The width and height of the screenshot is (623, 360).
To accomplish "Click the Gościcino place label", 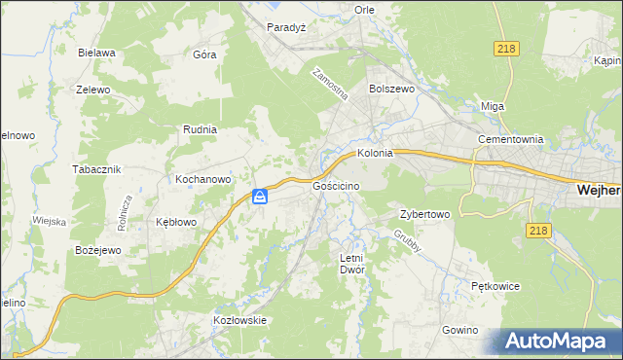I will [337, 185].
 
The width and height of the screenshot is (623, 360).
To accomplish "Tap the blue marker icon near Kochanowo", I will [260, 197].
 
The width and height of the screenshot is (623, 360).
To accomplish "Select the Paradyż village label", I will [286, 27].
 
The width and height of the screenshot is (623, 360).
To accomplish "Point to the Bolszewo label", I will [392, 88].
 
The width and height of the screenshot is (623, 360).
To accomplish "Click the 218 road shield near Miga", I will [505, 50].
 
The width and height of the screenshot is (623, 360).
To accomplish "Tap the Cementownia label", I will [509, 139].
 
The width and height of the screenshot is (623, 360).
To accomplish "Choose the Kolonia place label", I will [375, 153].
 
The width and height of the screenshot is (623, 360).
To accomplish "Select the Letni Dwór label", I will [350, 264].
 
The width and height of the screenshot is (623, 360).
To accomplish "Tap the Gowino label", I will [459, 330].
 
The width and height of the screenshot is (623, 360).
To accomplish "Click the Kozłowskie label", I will [239, 319].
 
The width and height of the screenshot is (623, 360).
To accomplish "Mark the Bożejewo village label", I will [97, 250].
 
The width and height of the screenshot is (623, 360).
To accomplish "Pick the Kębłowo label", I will [176, 222].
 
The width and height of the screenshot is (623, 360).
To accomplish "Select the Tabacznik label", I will [95, 168].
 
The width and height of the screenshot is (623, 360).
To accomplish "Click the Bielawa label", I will [96, 53].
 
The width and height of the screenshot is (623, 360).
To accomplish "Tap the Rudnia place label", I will [200, 128].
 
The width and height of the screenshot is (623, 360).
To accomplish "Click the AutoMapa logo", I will [554, 342].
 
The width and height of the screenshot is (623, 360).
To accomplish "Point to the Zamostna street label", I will [331, 87].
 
